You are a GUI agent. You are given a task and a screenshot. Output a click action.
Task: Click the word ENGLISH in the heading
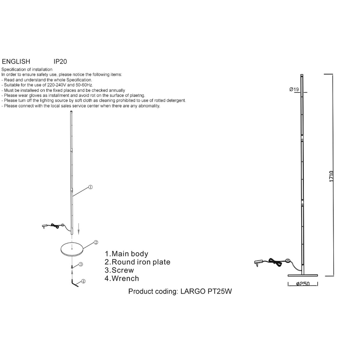point(16,61)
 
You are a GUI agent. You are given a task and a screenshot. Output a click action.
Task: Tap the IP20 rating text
point(60,61)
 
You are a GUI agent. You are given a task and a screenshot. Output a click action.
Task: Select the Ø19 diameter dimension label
point(294,89)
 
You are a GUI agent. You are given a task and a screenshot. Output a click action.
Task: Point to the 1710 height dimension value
point(331,176)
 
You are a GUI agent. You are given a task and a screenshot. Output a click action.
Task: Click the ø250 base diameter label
point(303,284)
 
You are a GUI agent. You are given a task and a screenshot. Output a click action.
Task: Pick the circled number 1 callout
point(90,187)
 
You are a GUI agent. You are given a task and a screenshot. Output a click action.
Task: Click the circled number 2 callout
point(96,242)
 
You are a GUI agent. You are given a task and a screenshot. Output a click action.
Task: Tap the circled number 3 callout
point(80,264)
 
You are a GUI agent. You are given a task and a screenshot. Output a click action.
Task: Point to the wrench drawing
point(75,283)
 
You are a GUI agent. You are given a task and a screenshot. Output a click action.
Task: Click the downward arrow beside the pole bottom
point(79,229)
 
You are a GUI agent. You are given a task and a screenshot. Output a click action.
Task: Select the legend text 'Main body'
point(130,254)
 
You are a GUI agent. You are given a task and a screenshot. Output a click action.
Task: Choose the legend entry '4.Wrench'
point(122,278)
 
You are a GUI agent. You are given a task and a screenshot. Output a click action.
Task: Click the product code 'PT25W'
point(220,291)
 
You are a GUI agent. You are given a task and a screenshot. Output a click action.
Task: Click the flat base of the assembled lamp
point(303,275)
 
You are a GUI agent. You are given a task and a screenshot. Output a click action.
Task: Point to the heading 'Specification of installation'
point(27,70)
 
